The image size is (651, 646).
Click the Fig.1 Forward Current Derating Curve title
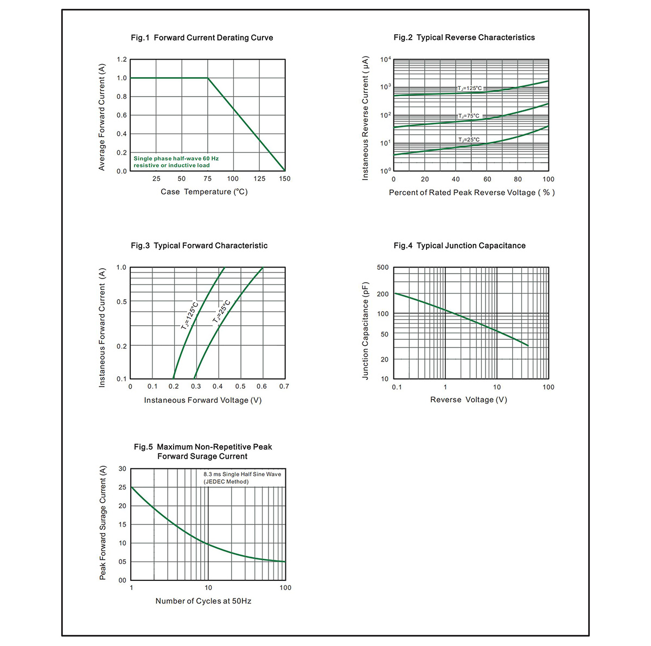click(x=202, y=37)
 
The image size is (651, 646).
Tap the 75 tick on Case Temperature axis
click(x=207, y=179)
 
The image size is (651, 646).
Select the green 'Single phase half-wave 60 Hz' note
click(x=176, y=159)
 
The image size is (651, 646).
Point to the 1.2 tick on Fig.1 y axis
click(x=122, y=60)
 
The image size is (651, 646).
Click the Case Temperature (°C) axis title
click(x=204, y=192)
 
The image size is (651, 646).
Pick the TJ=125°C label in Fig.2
click(x=470, y=88)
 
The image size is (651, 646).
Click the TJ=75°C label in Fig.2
click(x=469, y=116)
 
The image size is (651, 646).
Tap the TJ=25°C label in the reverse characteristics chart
click(x=469, y=140)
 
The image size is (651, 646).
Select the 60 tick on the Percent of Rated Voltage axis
click(x=487, y=179)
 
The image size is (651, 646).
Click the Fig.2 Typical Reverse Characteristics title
click(x=464, y=37)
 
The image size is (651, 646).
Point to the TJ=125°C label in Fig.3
click(x=189, y=315)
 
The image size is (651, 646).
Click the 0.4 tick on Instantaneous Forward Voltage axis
click(x=218, y=387)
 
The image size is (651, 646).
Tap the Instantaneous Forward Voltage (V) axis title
click(x=203, y=400)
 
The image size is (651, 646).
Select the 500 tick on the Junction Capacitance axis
click(x=383, y=268)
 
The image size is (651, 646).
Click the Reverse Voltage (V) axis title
click(x=469, y=400)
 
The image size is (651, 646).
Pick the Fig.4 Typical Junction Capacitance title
click(x=459, y=245)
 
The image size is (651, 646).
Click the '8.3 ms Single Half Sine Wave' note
click(x=242, y=474)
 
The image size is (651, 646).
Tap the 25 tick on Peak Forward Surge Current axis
click(x=122, y=487)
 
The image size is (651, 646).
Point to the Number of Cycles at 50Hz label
click(x=203, y=601)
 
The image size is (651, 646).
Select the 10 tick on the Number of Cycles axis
click(x=208, y=588)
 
